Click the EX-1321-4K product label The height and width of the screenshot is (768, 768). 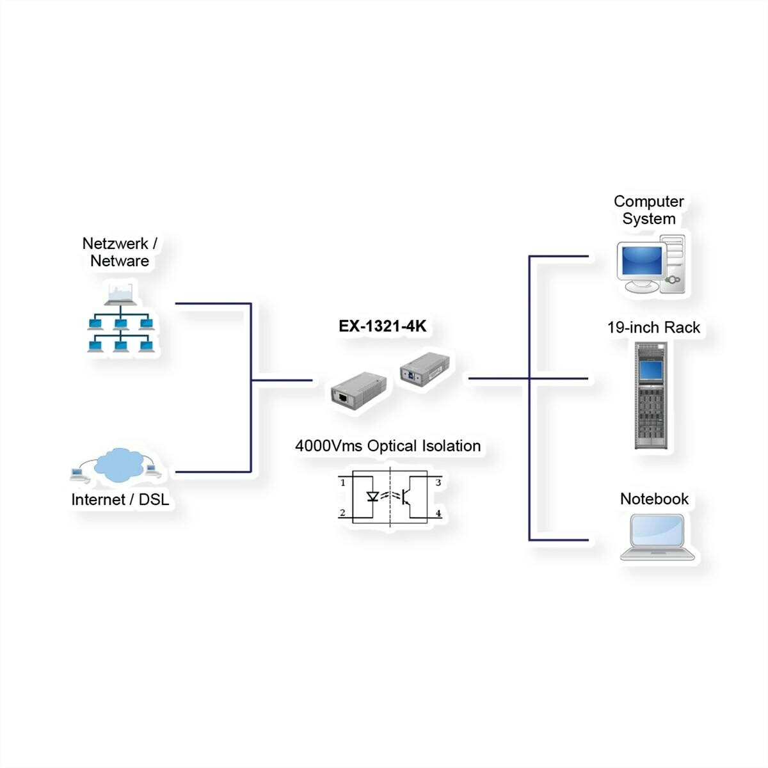click(382, 326)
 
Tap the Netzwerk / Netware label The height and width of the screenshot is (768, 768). click(120, 252)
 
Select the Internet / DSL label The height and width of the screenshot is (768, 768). click(120, 500)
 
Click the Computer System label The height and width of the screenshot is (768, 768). click(648, 210)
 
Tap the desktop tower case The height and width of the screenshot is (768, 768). click(674, 264)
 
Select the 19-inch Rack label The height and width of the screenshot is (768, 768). click(653, 328)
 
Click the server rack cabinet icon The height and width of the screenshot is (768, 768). click(651, 395)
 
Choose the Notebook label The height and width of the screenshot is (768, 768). click(654, 499)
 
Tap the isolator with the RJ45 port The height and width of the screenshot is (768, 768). click(358, 391)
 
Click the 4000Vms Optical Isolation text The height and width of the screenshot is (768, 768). click(388, 446)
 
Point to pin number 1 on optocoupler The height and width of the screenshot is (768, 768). click(343, 483)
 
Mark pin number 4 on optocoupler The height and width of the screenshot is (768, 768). click(438, 513)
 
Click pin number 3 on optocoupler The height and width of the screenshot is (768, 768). click(438, 483)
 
